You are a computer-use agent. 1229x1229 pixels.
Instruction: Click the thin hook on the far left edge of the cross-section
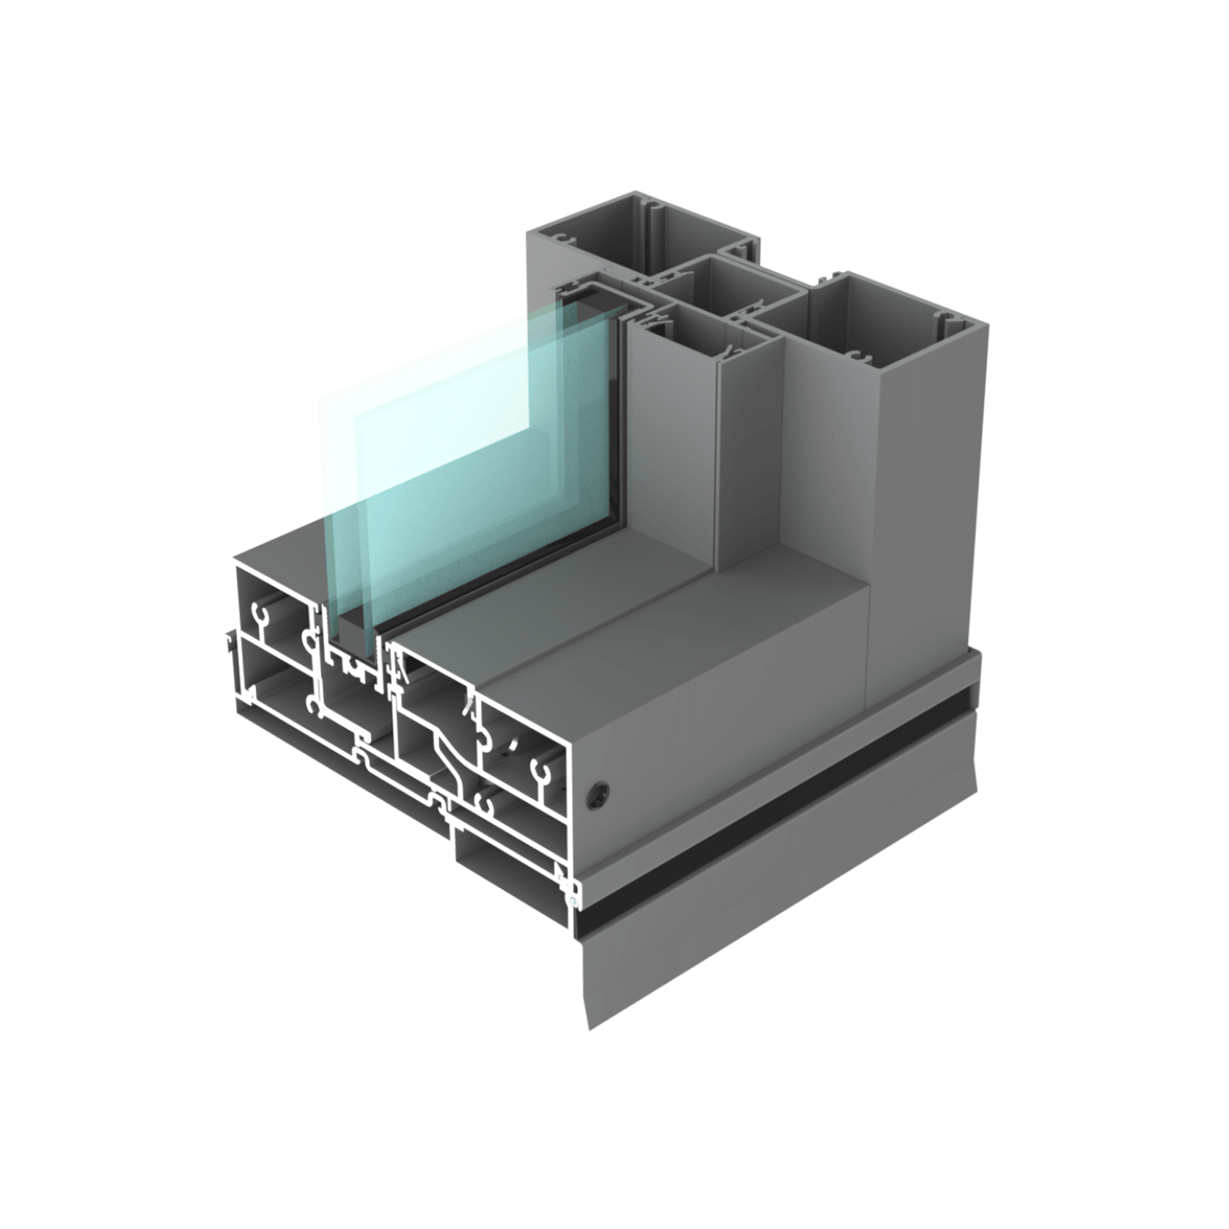coord(232,645)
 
